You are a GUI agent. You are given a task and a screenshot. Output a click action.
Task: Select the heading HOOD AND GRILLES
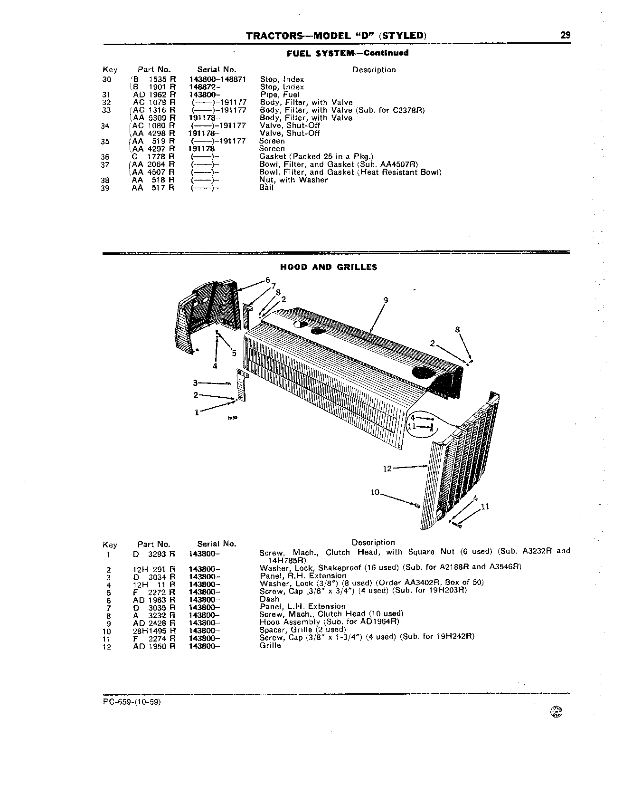329,267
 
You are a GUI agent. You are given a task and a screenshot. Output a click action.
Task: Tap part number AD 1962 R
154,95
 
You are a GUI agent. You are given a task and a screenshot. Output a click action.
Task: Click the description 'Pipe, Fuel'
280,95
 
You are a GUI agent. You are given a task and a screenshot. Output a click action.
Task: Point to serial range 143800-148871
217,79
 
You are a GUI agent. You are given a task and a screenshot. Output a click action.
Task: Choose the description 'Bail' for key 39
266,188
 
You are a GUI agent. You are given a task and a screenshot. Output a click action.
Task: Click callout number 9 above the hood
386,300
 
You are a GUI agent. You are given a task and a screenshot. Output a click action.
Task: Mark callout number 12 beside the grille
387,469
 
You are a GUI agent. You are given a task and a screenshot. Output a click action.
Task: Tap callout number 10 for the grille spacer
375,492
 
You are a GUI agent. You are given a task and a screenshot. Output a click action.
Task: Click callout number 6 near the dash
268,280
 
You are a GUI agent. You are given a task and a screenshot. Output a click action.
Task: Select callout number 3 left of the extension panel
195,383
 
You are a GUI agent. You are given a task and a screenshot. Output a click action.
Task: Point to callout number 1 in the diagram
197,412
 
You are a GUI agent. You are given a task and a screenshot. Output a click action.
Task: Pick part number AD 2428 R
154,623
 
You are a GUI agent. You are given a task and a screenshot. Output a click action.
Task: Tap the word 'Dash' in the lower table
269,599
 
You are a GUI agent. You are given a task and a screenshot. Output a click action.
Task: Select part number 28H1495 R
154,631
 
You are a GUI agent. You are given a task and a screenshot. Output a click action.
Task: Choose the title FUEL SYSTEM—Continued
348,53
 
